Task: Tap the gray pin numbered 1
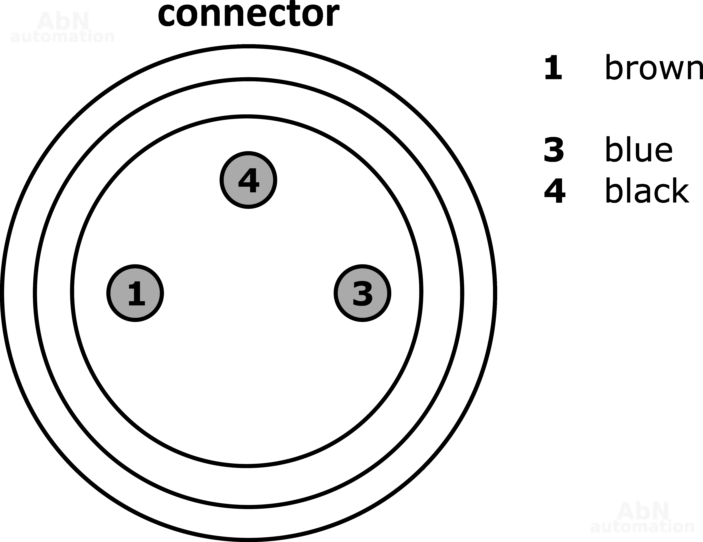pos(135,293)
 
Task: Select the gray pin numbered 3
pos(362,293)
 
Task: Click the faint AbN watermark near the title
pos(63,22)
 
